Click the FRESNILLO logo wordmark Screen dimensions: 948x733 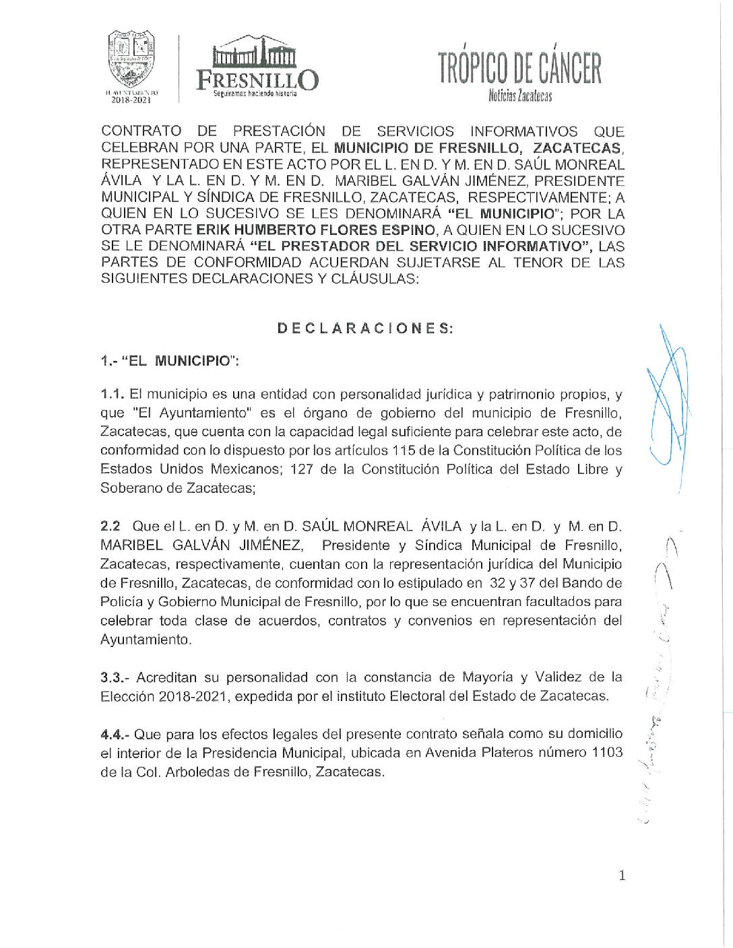pos(257,79)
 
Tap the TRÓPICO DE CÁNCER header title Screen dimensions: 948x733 pos(519,68)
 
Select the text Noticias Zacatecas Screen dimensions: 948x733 pos(520,96)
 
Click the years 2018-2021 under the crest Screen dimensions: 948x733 pos(131,100)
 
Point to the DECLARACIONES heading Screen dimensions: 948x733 pos(365,329)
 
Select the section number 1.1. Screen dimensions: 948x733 pos(112,394)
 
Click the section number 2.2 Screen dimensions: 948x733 pos(111,526)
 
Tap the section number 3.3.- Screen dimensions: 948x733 pos(116,677)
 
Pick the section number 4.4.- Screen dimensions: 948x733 pos(115,734)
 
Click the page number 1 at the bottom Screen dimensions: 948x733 pos(622,875)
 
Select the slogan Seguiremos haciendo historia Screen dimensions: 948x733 pos(255,94)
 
